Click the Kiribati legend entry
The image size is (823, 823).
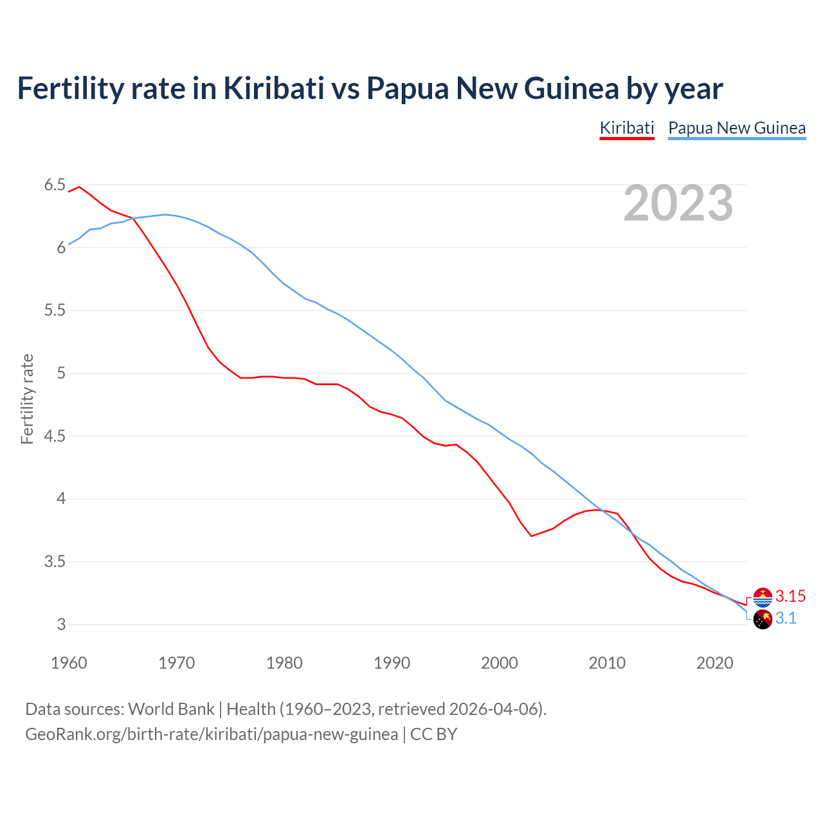(626, 128)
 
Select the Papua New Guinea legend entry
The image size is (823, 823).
(737, 128)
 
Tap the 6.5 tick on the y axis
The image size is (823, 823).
(55, 185)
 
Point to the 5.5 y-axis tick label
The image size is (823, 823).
(55, 311)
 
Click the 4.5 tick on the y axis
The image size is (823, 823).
(55, 437)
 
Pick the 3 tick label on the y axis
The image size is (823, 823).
(61, 625)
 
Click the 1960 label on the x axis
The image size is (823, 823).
(69, 663)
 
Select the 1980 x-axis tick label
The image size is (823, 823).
(284, 663)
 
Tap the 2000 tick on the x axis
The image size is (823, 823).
(500, 663)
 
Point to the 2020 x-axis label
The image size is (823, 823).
(714, 663)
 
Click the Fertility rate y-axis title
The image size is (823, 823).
(27, 399)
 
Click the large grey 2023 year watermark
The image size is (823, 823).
(678, 203)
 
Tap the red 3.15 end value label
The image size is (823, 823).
(790, 596)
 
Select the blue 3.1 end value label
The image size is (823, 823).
(786, 619)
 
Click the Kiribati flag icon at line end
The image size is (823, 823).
(763, 597)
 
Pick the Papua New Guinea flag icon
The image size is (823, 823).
(763, 620)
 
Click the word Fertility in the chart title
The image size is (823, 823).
(70, 88)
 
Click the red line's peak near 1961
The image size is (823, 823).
(79, 187)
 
